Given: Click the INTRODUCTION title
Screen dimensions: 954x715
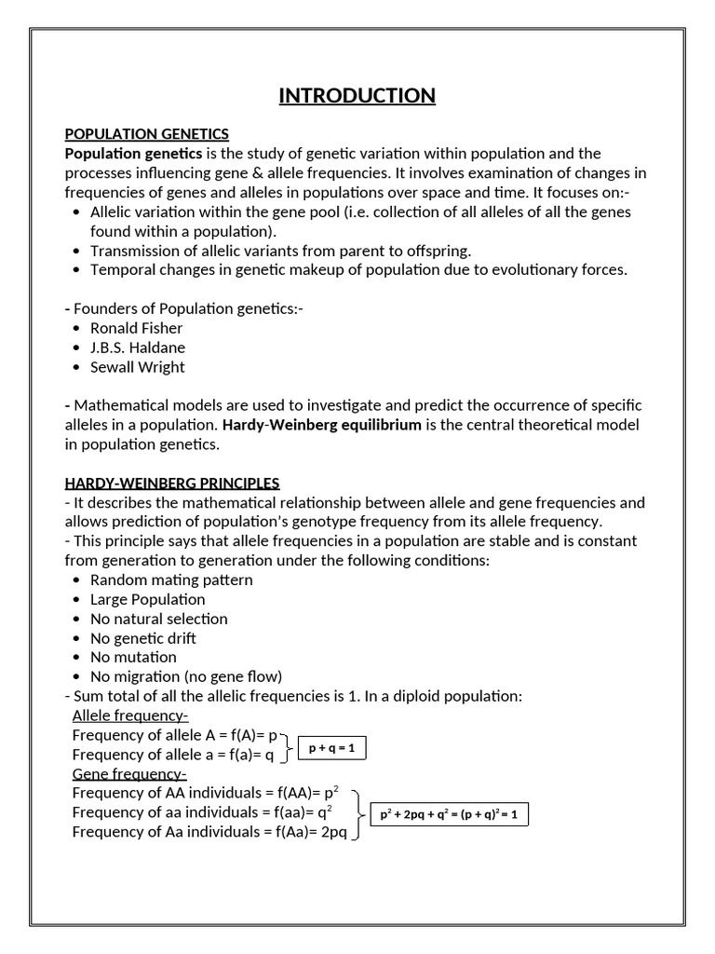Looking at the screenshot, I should [x=357, y=96].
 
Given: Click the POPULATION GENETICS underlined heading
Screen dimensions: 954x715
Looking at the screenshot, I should [x=146, y=134].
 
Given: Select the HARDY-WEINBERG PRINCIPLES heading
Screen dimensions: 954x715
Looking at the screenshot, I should [x=171, y=483].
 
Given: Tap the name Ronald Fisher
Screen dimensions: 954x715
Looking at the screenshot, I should [x=136, y=328].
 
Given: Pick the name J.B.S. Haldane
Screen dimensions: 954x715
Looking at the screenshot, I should [x=137, y=348].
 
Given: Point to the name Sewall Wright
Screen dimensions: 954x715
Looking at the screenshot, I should [x=137, y=367].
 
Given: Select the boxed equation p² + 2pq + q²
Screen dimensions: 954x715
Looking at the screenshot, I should [x=449, y=815].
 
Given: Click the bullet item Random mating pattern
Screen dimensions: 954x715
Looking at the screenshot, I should [x=171, y=579].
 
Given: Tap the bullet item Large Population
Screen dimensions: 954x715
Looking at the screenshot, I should [x=147, y=599].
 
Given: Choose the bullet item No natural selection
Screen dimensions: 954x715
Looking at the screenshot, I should [x=158, y=619].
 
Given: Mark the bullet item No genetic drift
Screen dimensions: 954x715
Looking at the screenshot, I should [x=142, y=638].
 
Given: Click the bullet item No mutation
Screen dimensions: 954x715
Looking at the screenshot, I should [x=133, y=657].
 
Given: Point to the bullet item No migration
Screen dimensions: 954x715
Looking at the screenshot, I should [x=185, y=676].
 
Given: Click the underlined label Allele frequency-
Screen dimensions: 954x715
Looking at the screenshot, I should [x=130, y=715].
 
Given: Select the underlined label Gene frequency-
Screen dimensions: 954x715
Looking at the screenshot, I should [x=129, y=774].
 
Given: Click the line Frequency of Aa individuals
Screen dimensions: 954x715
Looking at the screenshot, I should [x=209, y=832].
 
